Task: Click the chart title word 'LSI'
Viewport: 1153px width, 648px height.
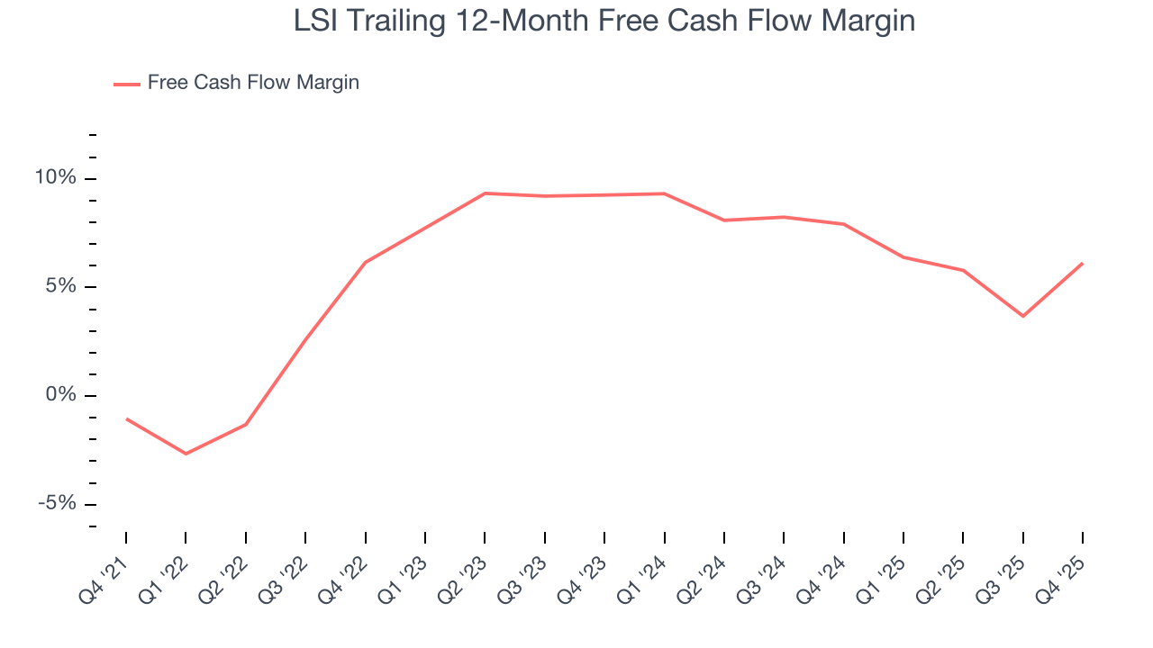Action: coord(317,22)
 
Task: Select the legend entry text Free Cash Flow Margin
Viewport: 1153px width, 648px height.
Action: coord(253,83)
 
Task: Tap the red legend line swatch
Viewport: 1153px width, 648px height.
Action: coord(127,84)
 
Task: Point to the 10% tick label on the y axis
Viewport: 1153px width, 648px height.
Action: coord(55,178)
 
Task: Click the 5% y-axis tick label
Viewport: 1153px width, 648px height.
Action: coord(60,287)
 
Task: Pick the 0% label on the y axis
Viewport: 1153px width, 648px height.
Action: coord(60,396)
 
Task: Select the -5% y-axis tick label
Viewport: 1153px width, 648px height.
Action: coord(57,504)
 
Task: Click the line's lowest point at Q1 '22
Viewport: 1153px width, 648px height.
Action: coord(186,454)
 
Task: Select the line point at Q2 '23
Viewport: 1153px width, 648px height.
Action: coord(485,193)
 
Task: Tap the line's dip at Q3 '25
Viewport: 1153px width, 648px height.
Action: coord(1022,316)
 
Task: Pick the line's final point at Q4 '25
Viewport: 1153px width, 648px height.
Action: coord(1082,264)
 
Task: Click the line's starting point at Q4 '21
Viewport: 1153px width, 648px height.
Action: coord(126,418)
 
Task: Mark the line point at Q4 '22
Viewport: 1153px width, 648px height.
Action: coord(365,263)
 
